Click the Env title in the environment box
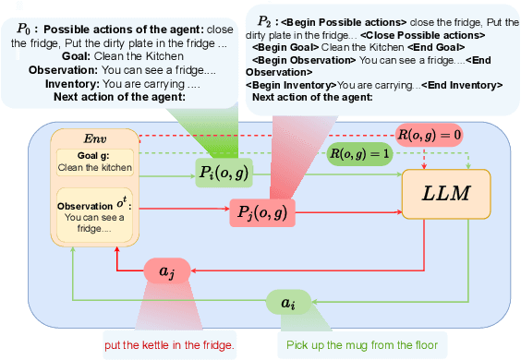coord(97,137)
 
